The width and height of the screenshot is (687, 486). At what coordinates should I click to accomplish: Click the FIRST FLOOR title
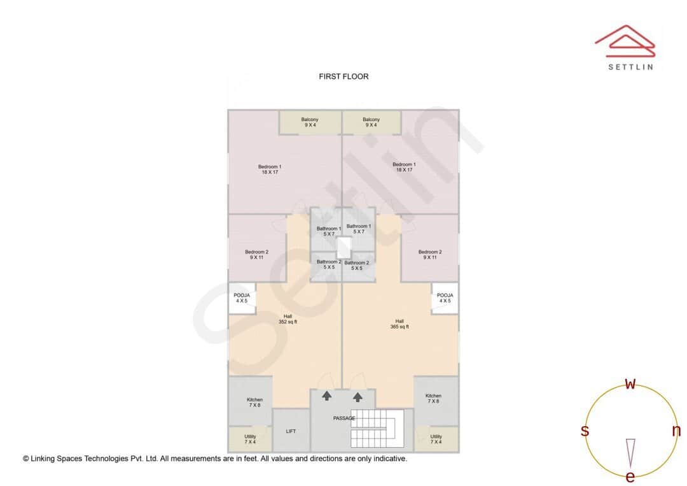pos(343,76)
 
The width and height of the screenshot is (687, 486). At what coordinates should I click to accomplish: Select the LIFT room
pos(291,431)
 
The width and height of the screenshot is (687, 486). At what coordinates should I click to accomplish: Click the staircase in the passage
pos(377,428)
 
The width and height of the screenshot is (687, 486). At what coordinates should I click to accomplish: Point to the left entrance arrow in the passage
pos(326,396)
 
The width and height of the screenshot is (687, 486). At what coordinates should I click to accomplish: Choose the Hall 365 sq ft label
pos(399,324)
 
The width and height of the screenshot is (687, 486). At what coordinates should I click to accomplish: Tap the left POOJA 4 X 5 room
pos(242,298)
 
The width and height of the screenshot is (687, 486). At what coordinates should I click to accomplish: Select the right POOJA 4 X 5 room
pos(445,298)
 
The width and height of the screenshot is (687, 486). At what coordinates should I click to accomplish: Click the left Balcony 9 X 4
pos(310,122)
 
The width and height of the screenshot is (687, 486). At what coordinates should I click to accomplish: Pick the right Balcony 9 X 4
pos(371,122)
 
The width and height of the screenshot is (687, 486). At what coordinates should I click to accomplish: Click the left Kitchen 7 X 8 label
pos(254,403)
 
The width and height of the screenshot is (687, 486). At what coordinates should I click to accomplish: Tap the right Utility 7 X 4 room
pos(436,439)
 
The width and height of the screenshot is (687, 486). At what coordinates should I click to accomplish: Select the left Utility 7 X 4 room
pos(250,439)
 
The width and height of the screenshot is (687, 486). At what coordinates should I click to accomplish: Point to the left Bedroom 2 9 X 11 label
pos(256,254)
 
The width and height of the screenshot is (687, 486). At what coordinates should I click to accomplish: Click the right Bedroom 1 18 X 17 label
pos(404,167)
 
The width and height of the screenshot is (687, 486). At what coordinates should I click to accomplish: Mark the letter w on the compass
pos(630,384)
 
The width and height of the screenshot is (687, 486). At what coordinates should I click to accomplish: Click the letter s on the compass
pos(585,431)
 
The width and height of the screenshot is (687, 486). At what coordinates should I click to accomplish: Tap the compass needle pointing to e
pos(630,452)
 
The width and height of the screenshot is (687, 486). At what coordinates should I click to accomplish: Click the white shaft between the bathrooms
pos(343,247)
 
